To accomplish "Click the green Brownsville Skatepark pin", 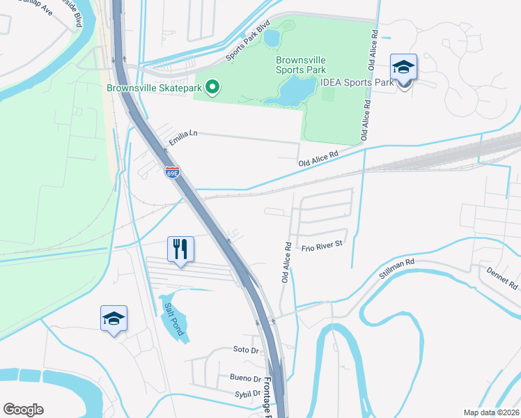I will (x=214, y=88).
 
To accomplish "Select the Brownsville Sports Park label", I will (x=300, y=65).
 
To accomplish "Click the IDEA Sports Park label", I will (x=357, y=82).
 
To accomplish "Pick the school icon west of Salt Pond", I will (x=114, y=319).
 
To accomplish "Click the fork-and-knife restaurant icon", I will (x=180, y=249).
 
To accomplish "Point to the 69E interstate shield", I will (x=172, y=172).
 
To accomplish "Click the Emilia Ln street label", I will (x=183, y=141).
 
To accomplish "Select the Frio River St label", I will (x=322, y=245).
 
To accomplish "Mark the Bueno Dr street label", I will (x=244, y=379).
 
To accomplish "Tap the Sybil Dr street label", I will (x=247, y=394).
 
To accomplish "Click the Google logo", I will (x=23, y=410).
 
